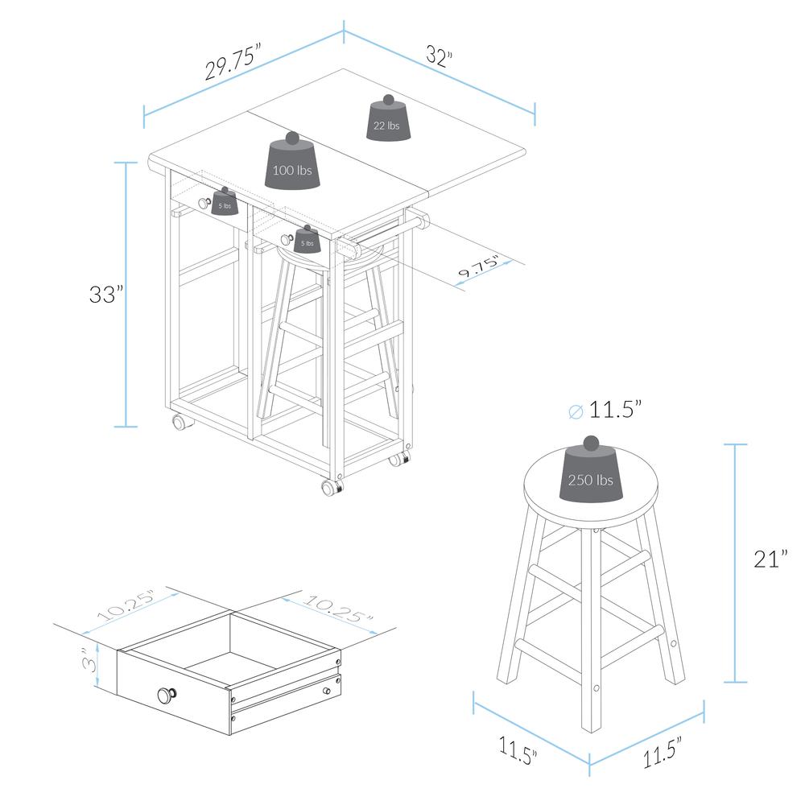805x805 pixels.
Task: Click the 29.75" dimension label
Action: coord(233,63)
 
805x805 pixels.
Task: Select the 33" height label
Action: coord(107,295)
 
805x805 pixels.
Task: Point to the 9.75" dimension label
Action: coord(478,266)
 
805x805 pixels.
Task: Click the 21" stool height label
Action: coord(770,558)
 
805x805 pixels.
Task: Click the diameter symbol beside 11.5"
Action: coord(576,411)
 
